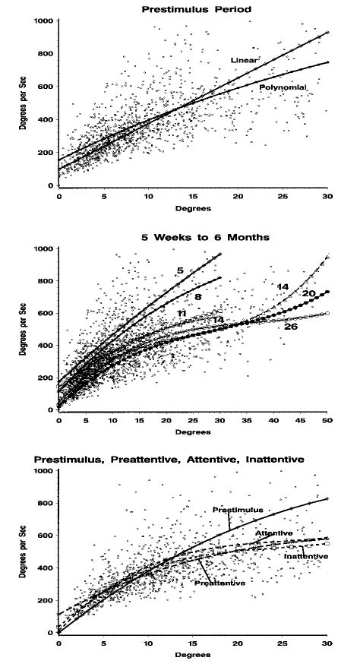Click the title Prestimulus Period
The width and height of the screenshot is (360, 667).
click(192, 8)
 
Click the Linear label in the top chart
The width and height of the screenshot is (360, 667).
click(245, 58)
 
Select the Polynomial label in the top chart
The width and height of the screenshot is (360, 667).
click(282, 88)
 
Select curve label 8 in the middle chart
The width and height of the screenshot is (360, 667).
click(197, 297)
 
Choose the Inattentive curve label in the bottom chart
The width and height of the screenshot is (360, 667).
click(306, 556)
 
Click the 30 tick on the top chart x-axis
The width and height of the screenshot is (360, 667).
click(327, 196)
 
